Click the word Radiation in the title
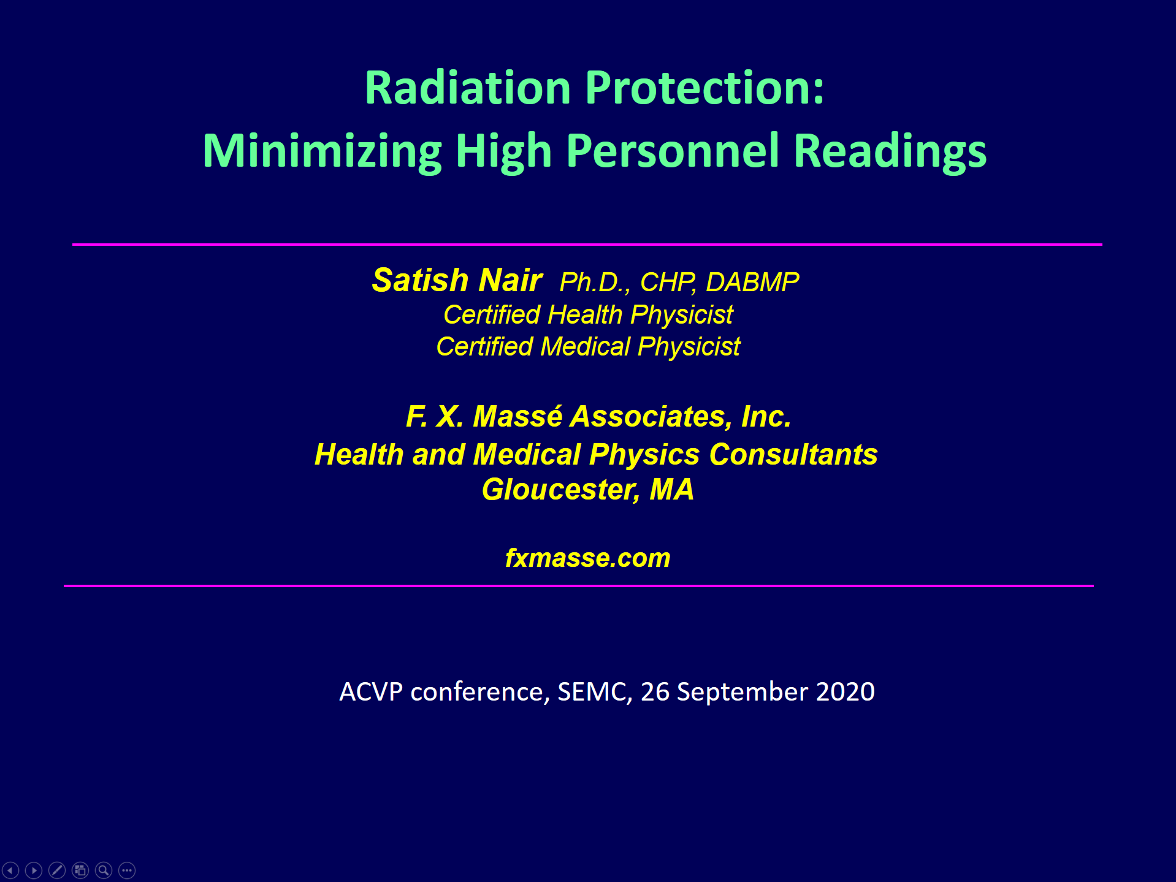468,88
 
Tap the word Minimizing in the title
322,151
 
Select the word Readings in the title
890,151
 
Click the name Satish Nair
457,280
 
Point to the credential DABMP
752,282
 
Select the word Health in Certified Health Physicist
585,315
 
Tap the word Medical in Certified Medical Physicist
585,347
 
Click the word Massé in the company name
517,417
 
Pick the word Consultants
793,455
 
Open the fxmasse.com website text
587,558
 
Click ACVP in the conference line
371,692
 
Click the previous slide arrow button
11,870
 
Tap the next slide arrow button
34,870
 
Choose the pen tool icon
57,870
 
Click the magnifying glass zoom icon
104,870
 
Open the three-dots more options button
127,870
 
